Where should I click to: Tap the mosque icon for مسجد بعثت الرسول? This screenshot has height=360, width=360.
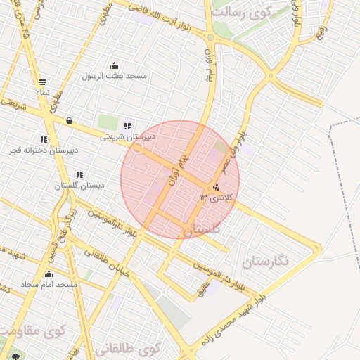coord(115,65)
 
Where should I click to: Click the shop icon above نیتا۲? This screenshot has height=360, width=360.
coord(44,82)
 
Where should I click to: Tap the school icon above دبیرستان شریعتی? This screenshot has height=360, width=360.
coord(127,126)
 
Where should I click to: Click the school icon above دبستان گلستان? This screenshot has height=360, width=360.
coord(79,174)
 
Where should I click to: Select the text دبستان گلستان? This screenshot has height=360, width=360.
coord(79,186)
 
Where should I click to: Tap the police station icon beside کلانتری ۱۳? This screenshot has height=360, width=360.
coord(216,187)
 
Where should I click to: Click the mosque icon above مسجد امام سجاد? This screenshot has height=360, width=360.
coord(49,274)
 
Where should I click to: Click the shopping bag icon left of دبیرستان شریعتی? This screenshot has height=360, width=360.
coord(69,120)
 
